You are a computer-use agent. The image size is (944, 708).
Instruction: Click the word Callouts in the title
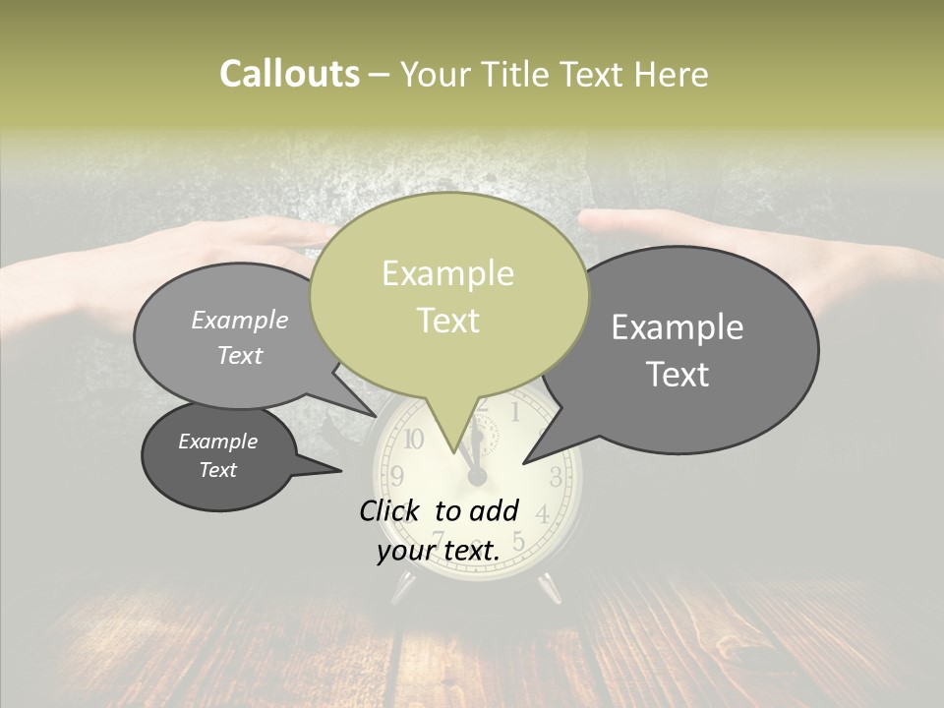(x=289, y=74)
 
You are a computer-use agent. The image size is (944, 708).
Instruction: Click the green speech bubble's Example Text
(x=448, y=296)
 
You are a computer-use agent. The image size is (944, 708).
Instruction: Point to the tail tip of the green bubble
(x=456, y=451)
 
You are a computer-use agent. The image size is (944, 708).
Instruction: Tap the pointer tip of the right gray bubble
(x=524, y=462)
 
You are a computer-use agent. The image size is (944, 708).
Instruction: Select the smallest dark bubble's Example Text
(x=218, y=455)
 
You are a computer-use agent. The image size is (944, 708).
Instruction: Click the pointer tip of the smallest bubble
(x=340, y=471)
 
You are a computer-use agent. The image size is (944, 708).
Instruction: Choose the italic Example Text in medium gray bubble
(x=240, y=337)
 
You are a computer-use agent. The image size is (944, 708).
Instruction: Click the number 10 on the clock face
(x=414, y=439)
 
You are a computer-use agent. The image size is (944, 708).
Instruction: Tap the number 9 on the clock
(x=397, y=477)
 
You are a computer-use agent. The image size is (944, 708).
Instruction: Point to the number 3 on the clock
(x=556, y=478)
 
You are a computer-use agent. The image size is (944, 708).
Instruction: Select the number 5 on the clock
(x=518, y=542)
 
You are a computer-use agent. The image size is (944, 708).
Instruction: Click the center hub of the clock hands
(x=477, y=477)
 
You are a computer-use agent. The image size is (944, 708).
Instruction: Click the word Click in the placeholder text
(x=390, y=510)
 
